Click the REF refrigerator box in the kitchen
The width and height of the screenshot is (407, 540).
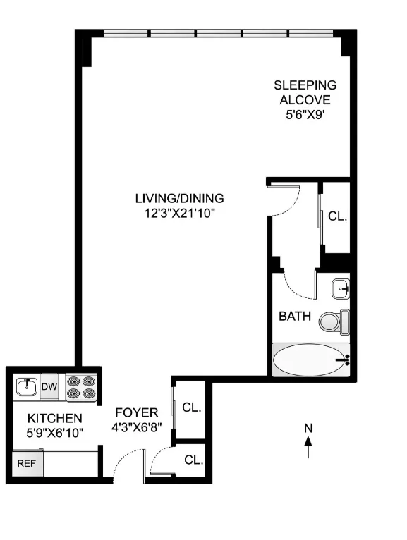coord(25,464)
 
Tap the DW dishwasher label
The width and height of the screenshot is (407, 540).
coord(49,386)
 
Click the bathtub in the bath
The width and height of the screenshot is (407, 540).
coord(310,360)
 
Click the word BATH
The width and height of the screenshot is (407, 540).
coord(295,317)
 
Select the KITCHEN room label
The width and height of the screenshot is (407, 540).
coord(49,418)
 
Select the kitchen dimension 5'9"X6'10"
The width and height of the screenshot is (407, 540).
coord(49,432)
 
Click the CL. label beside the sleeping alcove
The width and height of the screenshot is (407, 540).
coord(338,216)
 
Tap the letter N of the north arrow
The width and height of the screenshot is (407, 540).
coord(308,427)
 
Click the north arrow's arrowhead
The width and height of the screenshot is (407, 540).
coord(308,441)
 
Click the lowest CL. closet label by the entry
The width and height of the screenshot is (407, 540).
coord(193,460)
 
